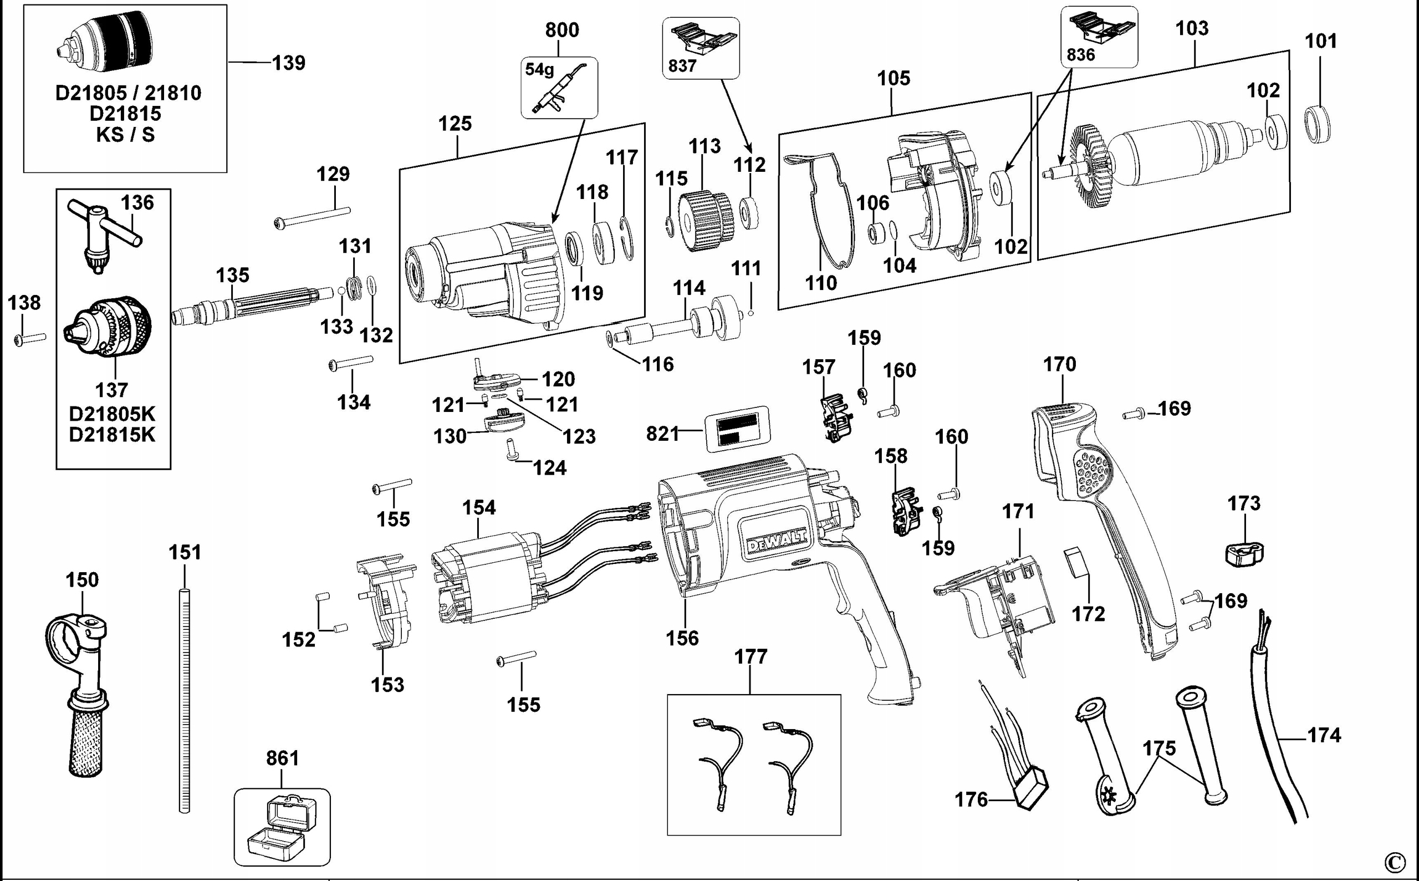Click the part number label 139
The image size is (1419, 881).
coord(289,63)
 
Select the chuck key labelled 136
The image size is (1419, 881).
coord(103,233)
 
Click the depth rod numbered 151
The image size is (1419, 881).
coord(184,699)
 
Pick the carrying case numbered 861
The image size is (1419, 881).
coord(283,827)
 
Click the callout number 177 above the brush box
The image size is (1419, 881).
coord(751,656)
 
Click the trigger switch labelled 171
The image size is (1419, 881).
coord(1002,606)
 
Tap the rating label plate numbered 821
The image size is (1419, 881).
coord(737,430)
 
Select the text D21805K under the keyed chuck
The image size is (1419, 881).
coord(113,414)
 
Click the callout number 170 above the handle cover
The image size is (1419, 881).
coord(1059,365)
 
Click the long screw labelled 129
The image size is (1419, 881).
coord(312,217)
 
